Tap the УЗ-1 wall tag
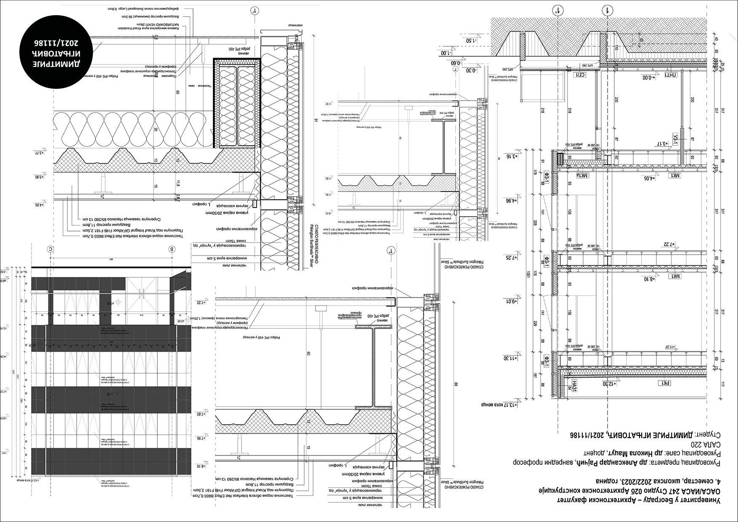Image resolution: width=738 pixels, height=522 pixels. coord(676,137)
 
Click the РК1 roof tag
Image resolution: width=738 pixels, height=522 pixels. coord(665,383)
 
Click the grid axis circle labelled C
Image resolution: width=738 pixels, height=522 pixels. coord(51,249)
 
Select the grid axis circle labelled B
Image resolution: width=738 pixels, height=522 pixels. coord(172,249)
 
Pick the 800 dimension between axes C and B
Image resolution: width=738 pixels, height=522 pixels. coord(111,260)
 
